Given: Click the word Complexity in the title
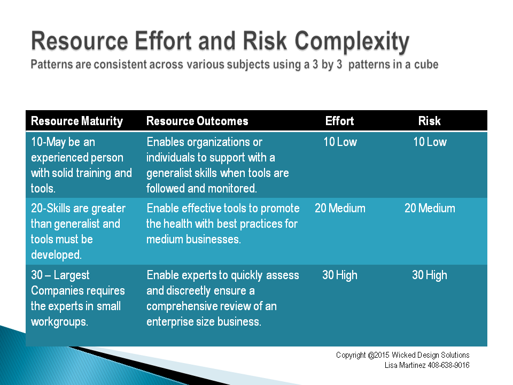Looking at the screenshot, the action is pyautogui.click(x=352, y=42).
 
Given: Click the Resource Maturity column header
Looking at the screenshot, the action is pyautogui.click(x=77, y=121).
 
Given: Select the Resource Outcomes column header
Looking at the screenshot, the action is pyautogui.click(x=197, y=121).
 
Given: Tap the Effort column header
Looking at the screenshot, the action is pyautogui.click(x=340, y=121).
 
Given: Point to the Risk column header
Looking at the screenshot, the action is pyautogui.click(x=430, y=121).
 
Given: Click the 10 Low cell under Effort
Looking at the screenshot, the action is pyautogui.click(x=340, y=142).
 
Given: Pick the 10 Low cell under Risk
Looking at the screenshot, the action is pyautogui.click(x=430, y=142).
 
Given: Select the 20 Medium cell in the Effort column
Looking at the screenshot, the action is pyautogui.click(x=340, y=208).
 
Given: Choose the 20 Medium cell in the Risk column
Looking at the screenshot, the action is pyautogui.click(x=430, y=208).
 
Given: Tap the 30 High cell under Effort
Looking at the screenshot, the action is pyautogui.click(x=340, y=275).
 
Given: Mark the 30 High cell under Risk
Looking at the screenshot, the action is pyautogui.click(x=430, y=275).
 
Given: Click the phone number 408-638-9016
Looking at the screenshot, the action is pyautogui.click(x=448, y=365).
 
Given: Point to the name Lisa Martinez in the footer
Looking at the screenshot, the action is pyautogui.click(x=405, y=365).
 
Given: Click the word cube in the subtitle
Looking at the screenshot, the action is pyautogui.click(x=426, y=65).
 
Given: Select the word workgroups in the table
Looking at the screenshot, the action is pyautogui.click(x=59, y=322).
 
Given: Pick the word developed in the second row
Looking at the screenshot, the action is pyautogui.click(x=56, y=255).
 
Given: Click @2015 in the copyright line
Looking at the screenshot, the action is pyautogui.click(x=378, y=355).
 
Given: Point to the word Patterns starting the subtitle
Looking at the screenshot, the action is pyautogui.click(x=52, y=65).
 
